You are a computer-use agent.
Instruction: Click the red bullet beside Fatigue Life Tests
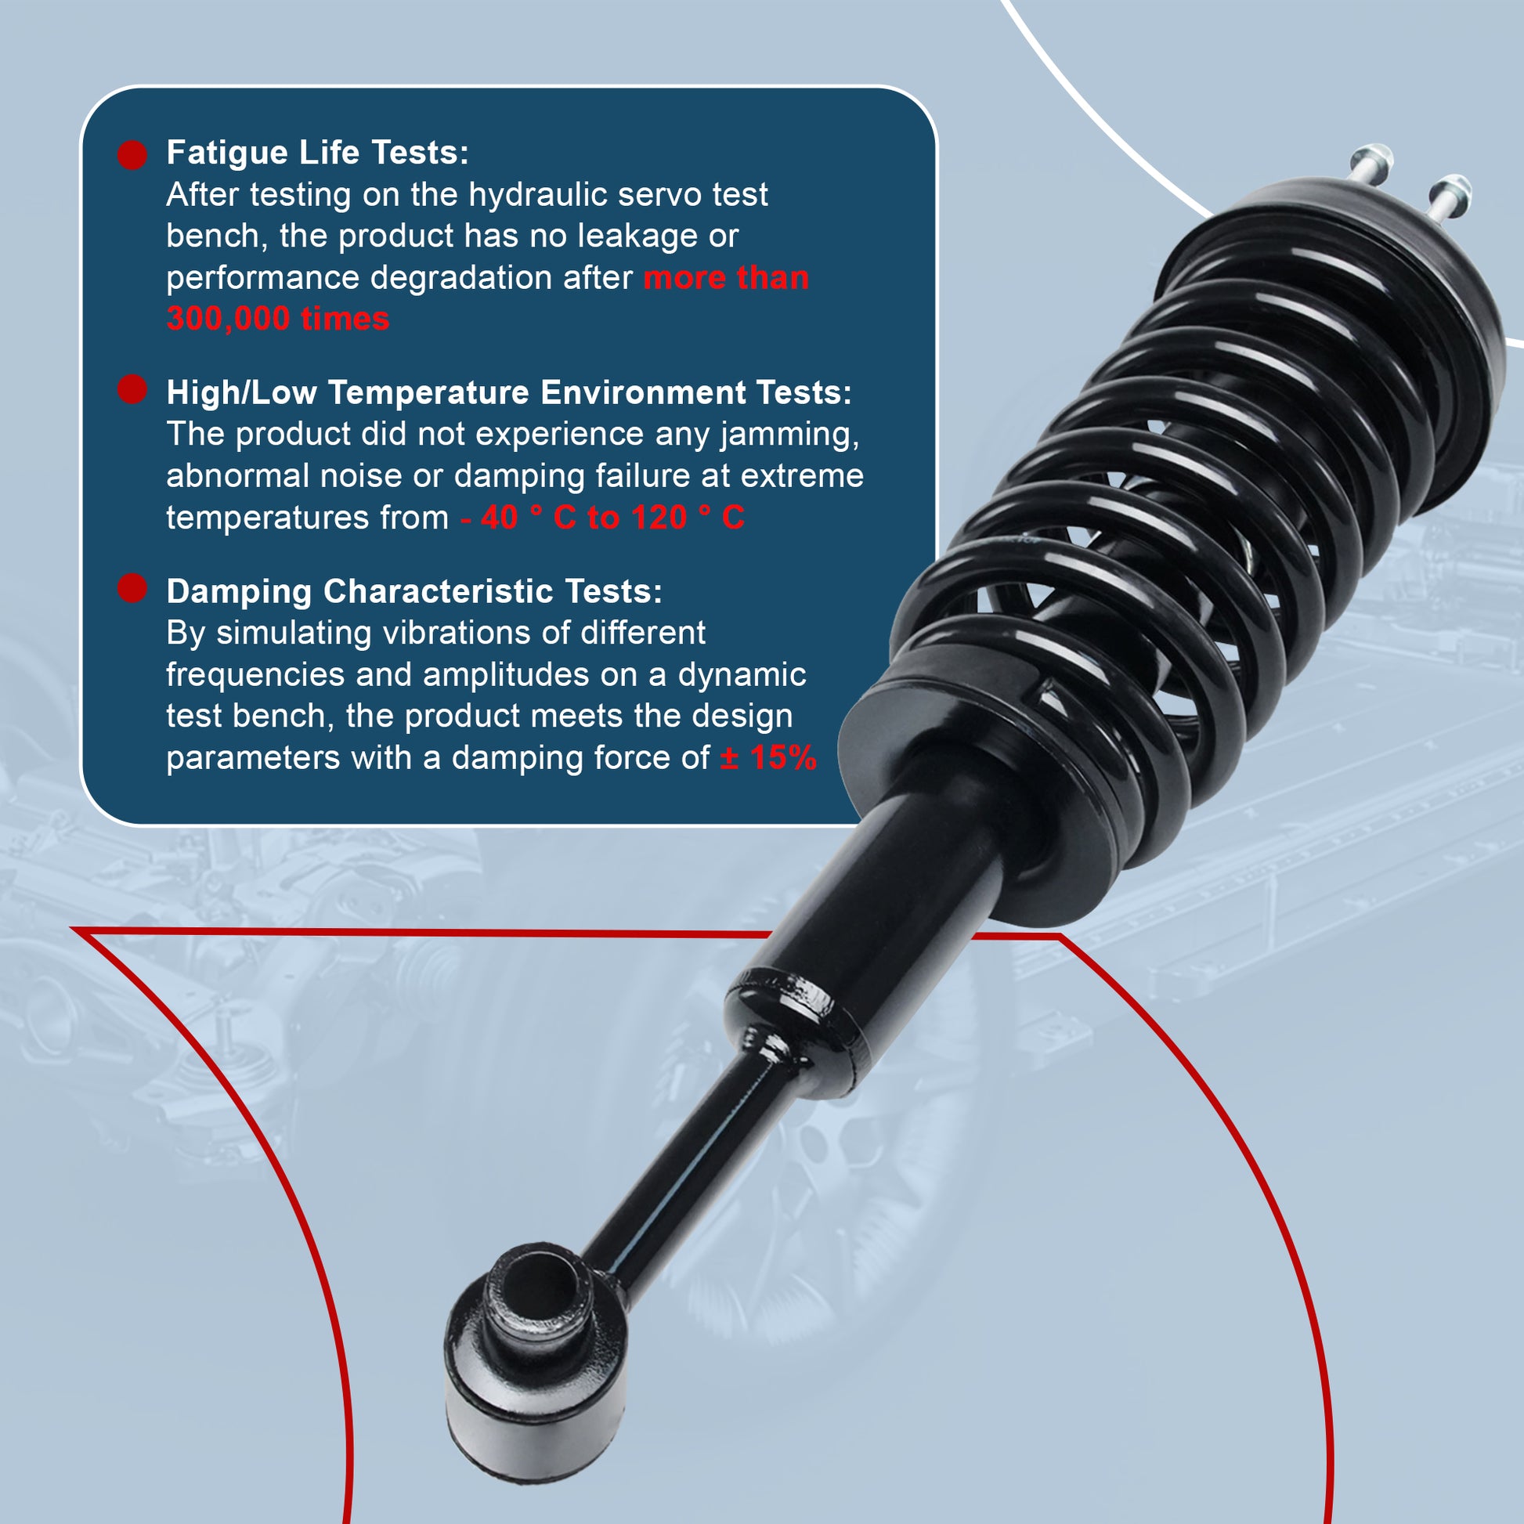tap(132, 154)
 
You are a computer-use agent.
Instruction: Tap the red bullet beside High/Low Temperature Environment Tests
tap(132, 389)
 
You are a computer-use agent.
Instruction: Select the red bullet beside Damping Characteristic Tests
tap(132, 587)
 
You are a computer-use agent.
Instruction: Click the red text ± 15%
tap(768, 758)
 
